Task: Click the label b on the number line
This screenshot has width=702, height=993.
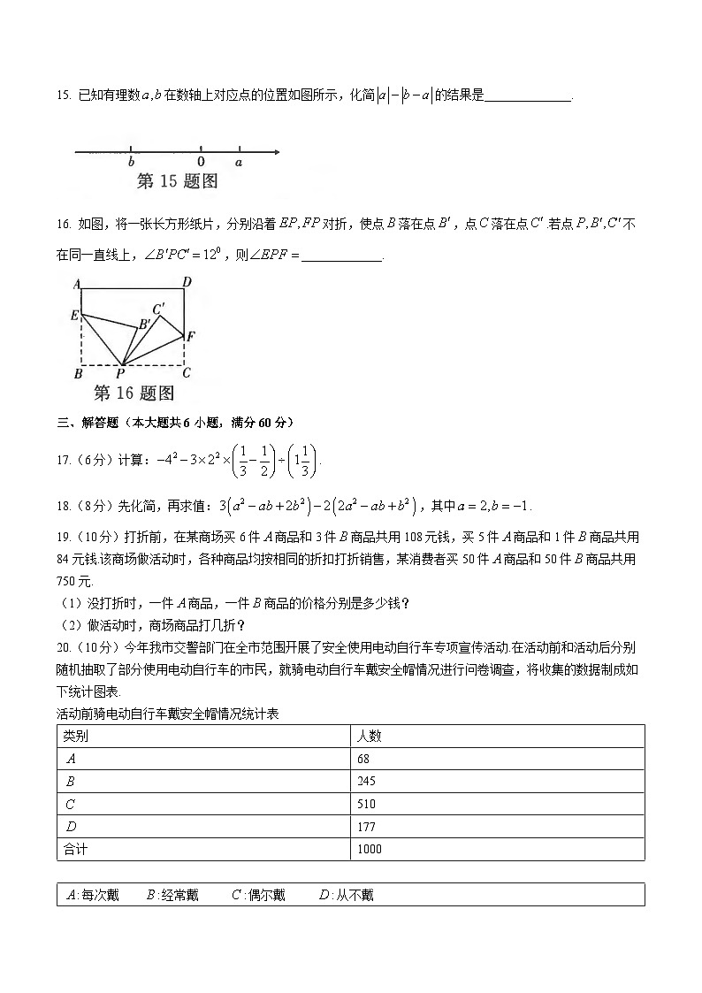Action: pos(131,163)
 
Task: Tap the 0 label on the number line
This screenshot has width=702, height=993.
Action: pos(201,163)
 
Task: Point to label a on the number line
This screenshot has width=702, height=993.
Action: pos(239,163)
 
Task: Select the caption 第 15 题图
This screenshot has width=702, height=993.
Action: pos(177,182)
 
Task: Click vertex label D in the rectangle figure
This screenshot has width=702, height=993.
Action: pos(187,283)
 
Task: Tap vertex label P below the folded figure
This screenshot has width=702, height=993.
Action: pos(120,374)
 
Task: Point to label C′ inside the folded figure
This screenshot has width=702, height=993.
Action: pos(159,309)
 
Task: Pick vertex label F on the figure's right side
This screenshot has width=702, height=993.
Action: pos(191,336)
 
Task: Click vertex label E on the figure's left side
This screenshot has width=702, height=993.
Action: pos(75,316)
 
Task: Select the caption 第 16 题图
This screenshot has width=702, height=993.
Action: pos(134,393)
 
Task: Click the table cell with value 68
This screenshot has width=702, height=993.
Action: pos(363,759)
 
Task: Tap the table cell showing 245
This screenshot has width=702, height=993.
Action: pos(366,782)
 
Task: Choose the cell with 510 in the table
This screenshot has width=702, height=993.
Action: pos(366,805)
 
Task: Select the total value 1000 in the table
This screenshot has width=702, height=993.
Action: pos(370,850)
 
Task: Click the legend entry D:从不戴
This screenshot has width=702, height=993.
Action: pos(346,895)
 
